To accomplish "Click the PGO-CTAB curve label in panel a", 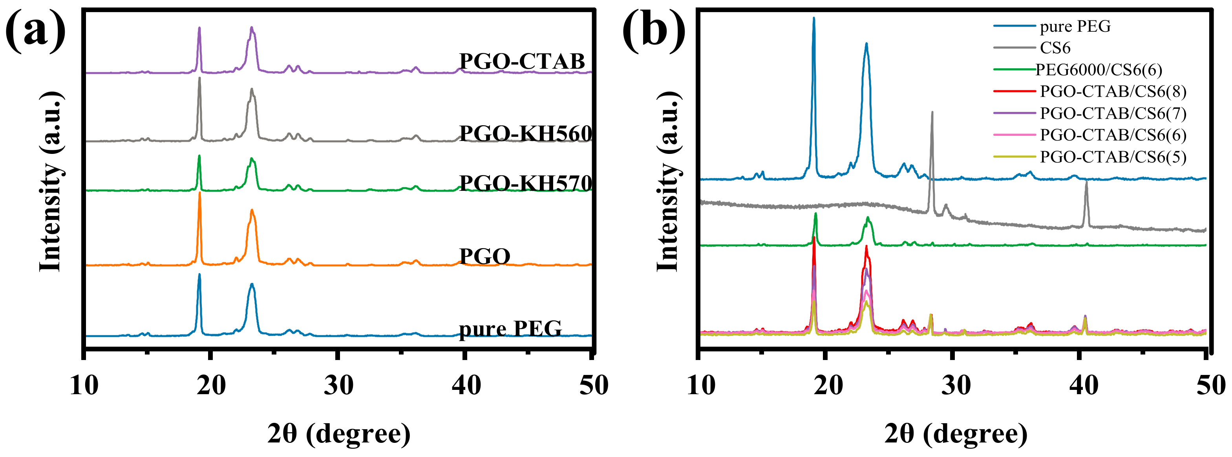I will point(522,61).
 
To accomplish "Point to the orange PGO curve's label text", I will point(484,256).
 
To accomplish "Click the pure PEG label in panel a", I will point(510,329).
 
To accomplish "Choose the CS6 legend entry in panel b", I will point(1055,48).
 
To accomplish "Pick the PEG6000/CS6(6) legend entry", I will point(1099,70).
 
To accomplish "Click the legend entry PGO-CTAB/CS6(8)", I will point(1113,91).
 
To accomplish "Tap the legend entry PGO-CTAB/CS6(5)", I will point(1113,157).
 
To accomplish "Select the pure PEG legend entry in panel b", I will point(1075,26).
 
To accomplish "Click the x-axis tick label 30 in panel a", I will point(338,385).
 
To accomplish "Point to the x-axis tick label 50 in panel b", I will point(1210,385).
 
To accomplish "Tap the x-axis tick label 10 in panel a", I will point(84,385).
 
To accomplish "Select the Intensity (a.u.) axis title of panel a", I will point(51,182).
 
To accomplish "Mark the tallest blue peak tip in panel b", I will point(813,18).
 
